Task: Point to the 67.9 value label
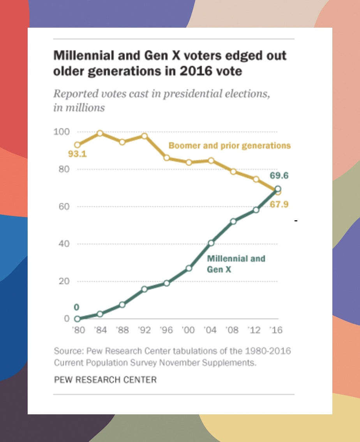(279, 204)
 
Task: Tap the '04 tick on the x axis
(211, 330)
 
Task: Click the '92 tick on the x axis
(144, 330)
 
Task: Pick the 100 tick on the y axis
(61, 132)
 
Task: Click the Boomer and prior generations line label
(229, 146)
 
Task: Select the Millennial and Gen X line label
(236, 263)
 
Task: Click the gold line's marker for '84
(100, 133)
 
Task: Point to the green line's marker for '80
(77, 318)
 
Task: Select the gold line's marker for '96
(167, 158)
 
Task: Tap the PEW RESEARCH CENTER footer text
(105, 380)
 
